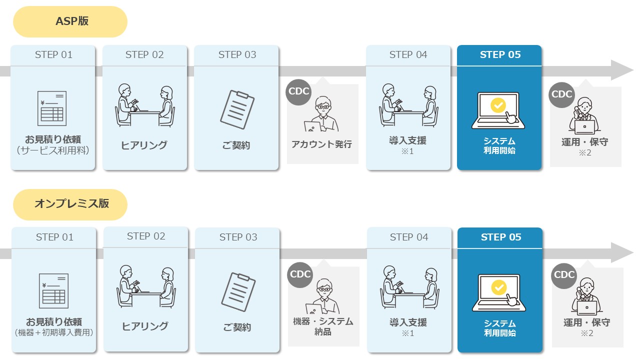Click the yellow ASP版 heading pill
(70, 21)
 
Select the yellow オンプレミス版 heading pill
(70, 204)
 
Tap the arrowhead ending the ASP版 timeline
(622, 70)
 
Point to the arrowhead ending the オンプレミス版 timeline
(622, 253)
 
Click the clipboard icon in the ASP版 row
(237, 109)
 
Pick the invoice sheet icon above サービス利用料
(52, 108)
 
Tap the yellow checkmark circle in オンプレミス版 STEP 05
(499, 287)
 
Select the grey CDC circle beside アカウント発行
(299, 91)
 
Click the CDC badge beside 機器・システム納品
(300, 274)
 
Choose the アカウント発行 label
(322, 144)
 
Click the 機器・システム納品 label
(323, 326)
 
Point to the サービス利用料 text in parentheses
(53, 150)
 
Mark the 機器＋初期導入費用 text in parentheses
(54, 332)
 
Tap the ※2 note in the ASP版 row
(585, 153)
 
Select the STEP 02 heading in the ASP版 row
(144, 55)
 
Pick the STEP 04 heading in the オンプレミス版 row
(409, 237)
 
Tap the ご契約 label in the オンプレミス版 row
(237, 328)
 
